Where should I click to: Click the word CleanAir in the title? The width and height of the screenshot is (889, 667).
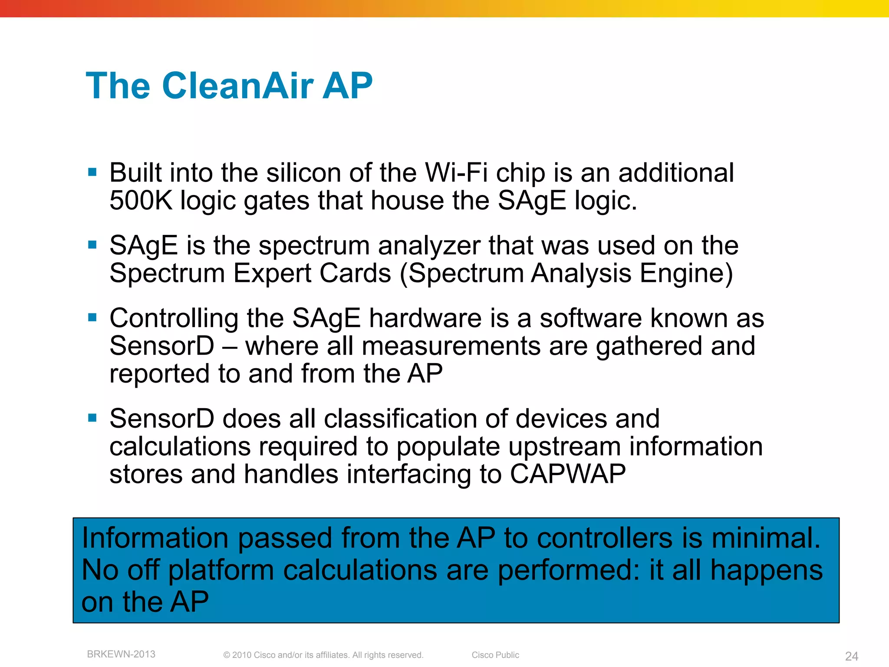(238, 86)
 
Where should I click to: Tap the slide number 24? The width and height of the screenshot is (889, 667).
(852, 656)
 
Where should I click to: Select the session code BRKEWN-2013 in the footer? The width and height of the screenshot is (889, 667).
(121, 654)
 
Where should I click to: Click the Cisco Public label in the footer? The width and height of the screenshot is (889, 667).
(495, 655)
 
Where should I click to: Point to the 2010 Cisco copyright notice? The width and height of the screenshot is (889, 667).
(323, 655)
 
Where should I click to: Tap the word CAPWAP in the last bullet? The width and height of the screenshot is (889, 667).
(567, 474)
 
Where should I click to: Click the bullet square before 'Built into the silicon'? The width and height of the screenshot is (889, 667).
(92, 172)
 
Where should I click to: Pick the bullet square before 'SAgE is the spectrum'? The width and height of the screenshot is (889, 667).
(92, 245)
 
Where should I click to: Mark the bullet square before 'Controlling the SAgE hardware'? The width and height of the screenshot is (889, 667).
(92, 317)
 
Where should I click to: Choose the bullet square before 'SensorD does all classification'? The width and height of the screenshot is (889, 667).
(92, 418)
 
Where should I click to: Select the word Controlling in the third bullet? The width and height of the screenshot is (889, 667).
(174, 318)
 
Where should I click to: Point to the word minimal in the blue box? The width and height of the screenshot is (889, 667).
(765, 538)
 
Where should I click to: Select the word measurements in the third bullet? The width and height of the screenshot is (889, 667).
(451, 346)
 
